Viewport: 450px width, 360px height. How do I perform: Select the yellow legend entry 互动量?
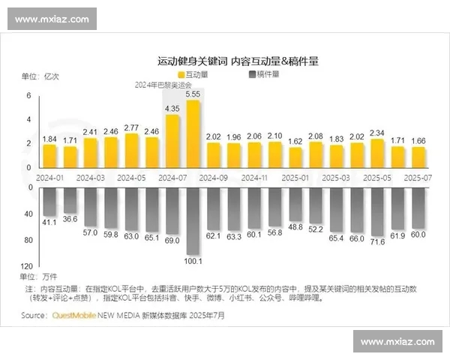point(193,75)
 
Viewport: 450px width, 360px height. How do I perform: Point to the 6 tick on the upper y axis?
point(28,96)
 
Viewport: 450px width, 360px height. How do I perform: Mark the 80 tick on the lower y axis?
point(28,240)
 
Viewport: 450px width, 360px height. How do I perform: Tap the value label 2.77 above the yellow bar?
point(131,127)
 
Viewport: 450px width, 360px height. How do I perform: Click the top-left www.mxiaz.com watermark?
point(52,19)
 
